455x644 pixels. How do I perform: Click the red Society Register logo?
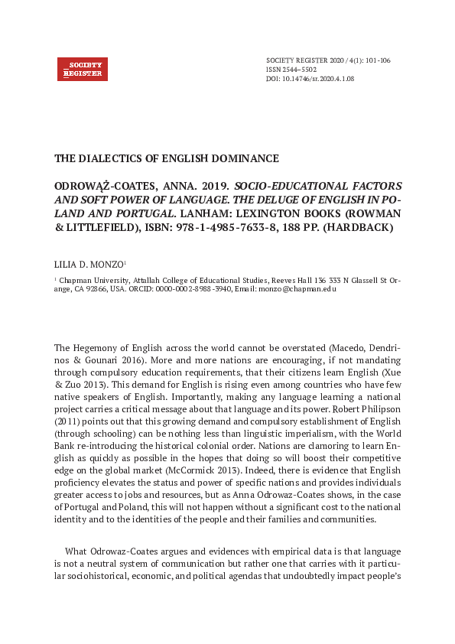pos(83,69)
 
